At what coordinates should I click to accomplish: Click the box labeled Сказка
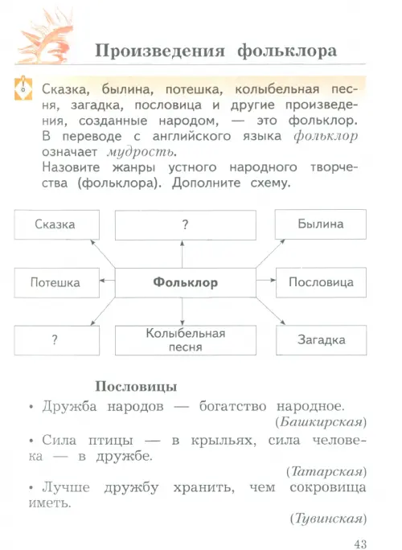(x=57, y=224)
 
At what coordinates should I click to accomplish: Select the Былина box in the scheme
(x=321, y=224)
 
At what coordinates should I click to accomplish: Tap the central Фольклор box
(x=186, y=283)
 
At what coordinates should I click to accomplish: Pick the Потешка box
(x=57, y=283)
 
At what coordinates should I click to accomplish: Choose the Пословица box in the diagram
(x=322, y=282)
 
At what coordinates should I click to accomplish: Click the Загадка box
(x=322, y=340)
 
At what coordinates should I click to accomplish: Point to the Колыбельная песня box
(x=186, y=340)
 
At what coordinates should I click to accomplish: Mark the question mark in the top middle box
(x=186, y=224)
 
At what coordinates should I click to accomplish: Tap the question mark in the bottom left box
(x=55, y=340)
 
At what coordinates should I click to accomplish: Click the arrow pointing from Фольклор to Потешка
(x=108, y=281)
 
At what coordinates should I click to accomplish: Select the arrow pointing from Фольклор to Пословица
(x=266, y=280)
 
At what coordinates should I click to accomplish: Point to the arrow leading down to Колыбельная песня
(x=182, y=311)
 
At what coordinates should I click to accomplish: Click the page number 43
(x=360, y=544)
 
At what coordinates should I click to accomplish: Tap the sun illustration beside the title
(x=46, y=37)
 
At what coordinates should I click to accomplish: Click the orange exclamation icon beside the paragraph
(x=23, y=88)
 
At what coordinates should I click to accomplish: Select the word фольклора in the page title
(x=287, y=51)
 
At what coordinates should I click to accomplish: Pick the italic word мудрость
(x=142, y=153)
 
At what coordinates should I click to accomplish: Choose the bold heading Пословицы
(x=136, y=386)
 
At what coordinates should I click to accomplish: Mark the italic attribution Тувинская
(x=328, y=519)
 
